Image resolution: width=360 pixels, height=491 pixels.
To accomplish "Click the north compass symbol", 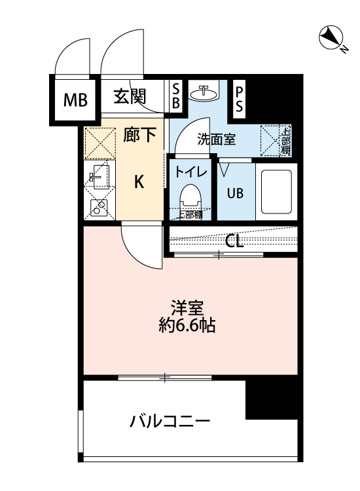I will (330, 38).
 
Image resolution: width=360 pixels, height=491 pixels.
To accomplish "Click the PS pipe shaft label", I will (240, 98).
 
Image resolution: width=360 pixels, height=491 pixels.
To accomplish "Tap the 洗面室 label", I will (217, 139).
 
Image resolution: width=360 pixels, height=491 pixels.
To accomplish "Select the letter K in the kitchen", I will (139, 181).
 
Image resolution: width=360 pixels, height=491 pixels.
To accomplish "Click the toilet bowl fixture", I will (191, 197).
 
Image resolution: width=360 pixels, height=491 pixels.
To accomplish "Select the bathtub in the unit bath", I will (275, 192).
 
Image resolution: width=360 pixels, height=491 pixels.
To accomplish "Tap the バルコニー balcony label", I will (168, 420).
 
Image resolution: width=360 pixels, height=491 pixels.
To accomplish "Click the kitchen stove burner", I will (99, 208).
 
